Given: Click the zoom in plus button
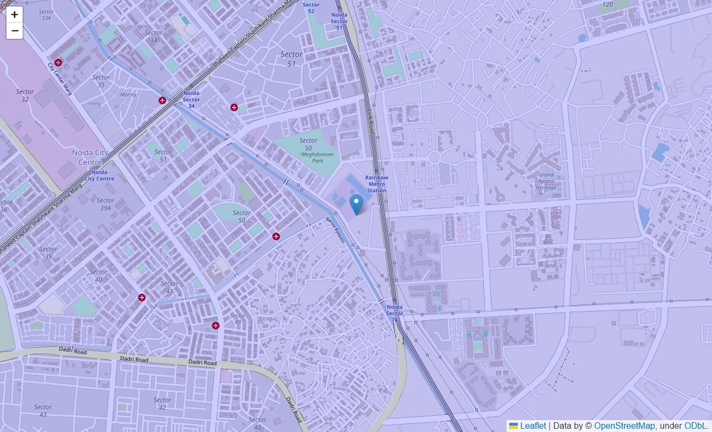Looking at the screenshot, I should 14,14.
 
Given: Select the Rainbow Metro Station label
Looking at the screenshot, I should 377,184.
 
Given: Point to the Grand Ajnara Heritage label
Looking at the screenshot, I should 546,181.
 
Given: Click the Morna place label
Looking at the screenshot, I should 128,95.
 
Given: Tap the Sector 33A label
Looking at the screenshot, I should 46,15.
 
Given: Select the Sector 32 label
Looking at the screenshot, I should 25,96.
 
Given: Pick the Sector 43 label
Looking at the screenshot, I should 43,411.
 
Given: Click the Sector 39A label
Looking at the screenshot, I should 106,204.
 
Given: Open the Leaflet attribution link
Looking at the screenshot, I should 532,426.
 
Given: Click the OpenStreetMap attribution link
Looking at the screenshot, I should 624,426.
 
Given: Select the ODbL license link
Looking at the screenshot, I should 696,426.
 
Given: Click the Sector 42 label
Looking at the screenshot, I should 162,404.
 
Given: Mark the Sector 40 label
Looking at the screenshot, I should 99,276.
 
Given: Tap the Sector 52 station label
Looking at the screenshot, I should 311,8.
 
